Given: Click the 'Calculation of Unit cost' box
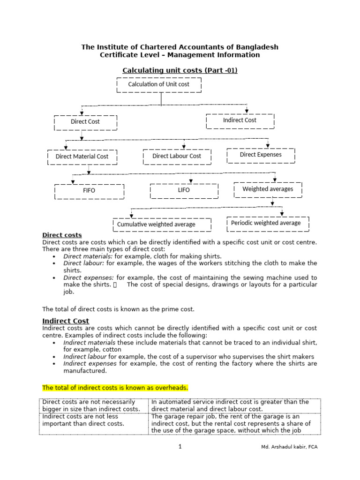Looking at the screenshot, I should (158, 84).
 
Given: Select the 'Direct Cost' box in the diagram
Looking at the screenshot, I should (85, 122).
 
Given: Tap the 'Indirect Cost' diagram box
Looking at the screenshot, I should (240, 120).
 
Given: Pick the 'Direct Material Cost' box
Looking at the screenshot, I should (82, 157).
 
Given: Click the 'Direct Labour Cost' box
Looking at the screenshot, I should (177, 157).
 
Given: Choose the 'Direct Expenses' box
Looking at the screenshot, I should (261, 155).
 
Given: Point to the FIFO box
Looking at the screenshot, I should (89, 191).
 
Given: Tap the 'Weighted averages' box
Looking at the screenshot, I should (268, 189).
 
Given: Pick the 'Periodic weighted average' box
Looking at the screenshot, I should (266, 223).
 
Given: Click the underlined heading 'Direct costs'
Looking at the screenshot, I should (62, 235).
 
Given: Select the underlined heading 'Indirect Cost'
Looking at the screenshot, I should (66, 321).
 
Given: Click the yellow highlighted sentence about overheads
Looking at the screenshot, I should (115, 388).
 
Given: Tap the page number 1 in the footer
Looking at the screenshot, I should (180, 447).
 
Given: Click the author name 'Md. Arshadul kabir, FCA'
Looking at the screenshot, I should (289, 447).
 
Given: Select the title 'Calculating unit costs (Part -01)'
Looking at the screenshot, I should (180, 70).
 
